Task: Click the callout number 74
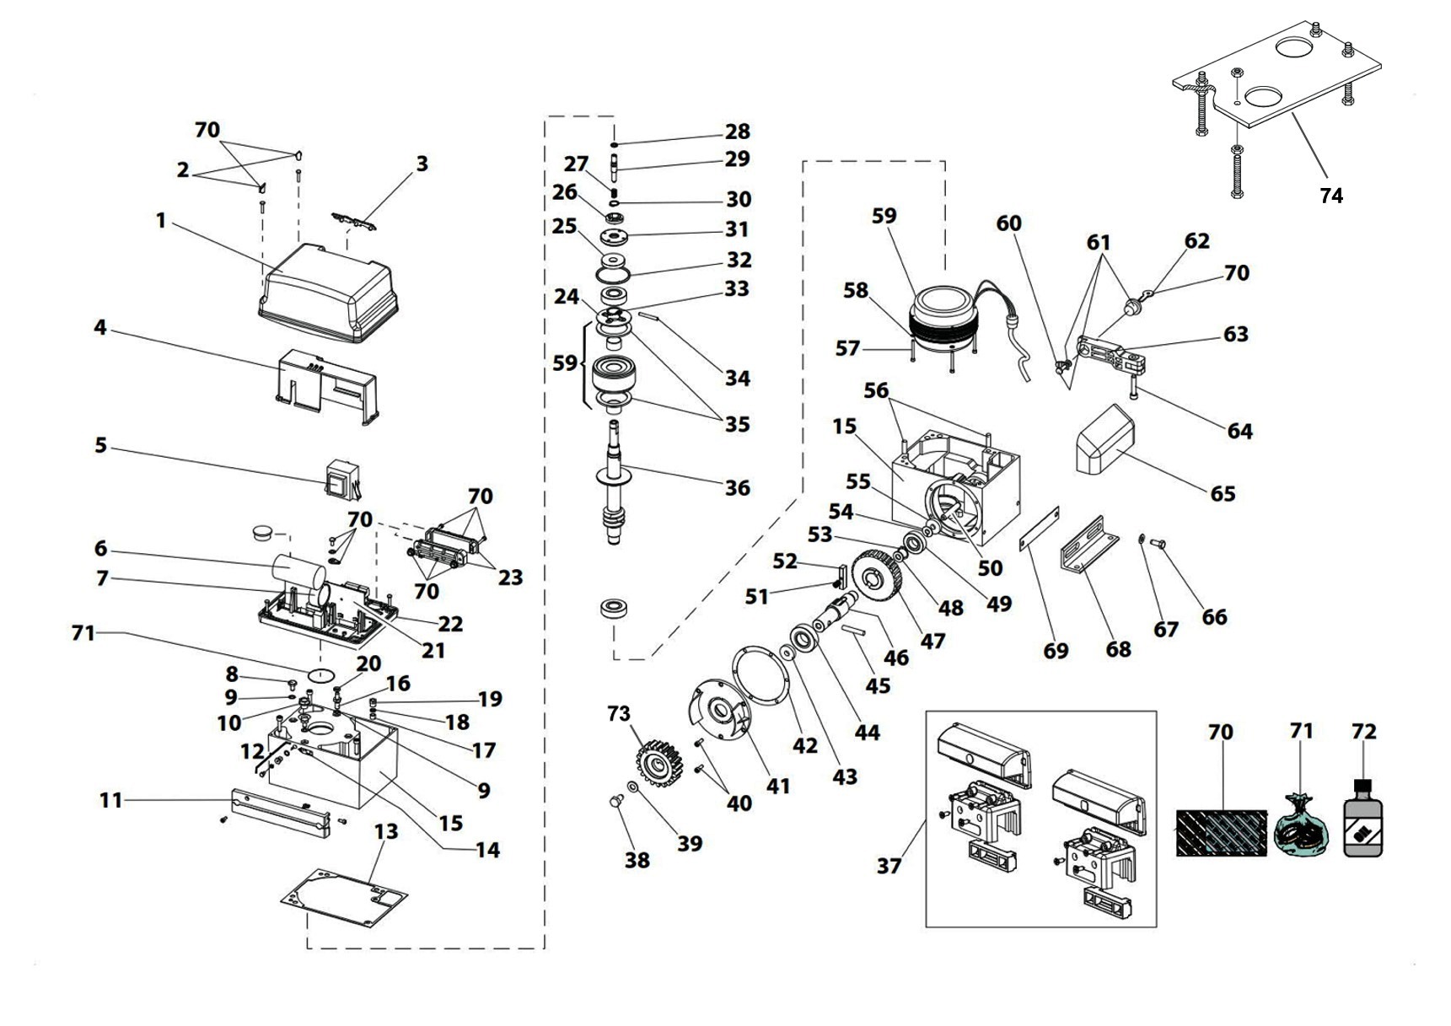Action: (1330, 196)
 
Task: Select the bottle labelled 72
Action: (1362, 822)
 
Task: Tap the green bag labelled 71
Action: (1299, 830)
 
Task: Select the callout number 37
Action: (889, 865)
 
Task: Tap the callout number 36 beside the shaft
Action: (737, 487)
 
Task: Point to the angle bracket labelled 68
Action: (1088, 545)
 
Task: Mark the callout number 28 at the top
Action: (737, 132)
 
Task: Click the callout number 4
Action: (100, 327)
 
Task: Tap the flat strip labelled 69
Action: (1040, 529)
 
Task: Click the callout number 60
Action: (1008, 223)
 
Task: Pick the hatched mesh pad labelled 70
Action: (1221, 833)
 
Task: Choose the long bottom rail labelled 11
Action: (277, 812)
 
